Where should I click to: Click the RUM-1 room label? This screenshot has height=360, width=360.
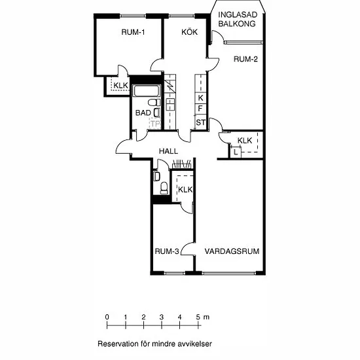(133, 32)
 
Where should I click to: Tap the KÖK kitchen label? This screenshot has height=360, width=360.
(189, 31)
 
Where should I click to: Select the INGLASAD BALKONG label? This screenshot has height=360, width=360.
(238, 19)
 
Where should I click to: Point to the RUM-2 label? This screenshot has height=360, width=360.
(245, 59)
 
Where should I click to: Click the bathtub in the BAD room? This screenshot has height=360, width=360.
(147, 91)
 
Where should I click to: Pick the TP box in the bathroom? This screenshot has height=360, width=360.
(155, 124)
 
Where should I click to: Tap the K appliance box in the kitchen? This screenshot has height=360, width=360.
(200, 98)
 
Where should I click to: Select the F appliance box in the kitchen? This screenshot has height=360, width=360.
(200, 109)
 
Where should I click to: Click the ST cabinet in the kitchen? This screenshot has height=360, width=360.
(200, 122)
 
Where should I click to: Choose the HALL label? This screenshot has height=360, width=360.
(168, 151)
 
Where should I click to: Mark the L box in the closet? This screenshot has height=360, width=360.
(236, 152)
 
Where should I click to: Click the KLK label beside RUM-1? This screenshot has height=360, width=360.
(120, 85)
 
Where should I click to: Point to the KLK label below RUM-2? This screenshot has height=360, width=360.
(245, 140)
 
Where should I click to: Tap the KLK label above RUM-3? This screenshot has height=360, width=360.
(185, 190)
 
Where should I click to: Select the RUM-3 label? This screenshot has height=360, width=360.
(167, 251)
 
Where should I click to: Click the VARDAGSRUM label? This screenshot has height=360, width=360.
(232, 251)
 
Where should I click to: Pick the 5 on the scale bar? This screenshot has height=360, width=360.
(198, 317)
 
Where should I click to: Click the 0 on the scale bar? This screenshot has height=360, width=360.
(107, 317)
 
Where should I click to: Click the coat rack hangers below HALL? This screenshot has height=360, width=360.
(182, 164)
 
